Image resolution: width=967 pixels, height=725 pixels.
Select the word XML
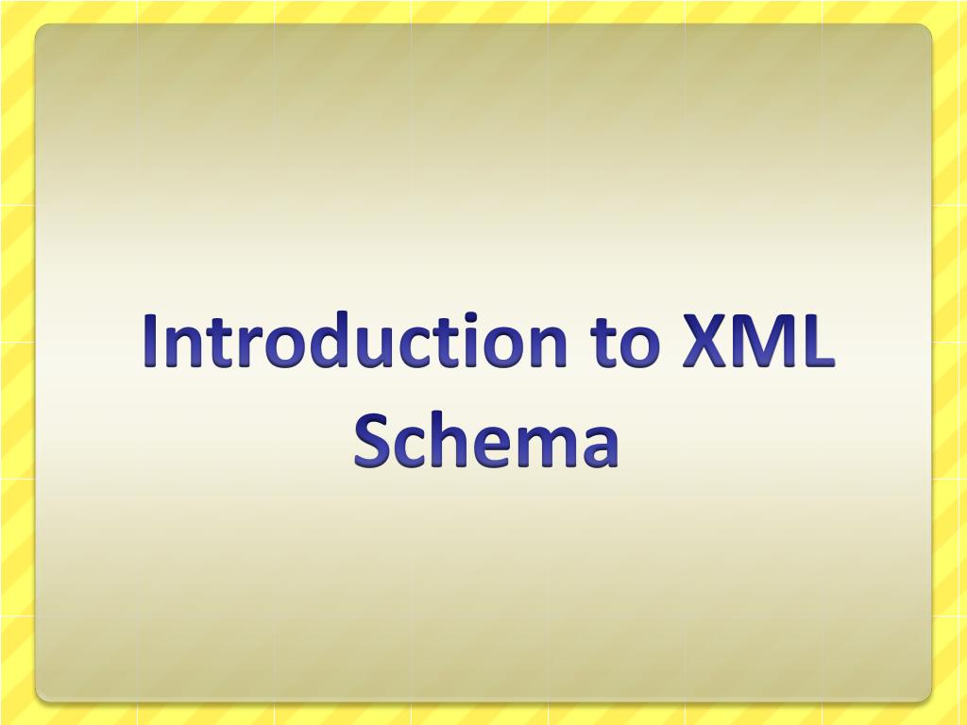756,342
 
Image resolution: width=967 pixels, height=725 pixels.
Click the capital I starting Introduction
151,342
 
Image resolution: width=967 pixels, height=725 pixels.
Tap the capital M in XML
760,342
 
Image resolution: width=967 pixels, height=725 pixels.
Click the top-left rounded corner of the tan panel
41,29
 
